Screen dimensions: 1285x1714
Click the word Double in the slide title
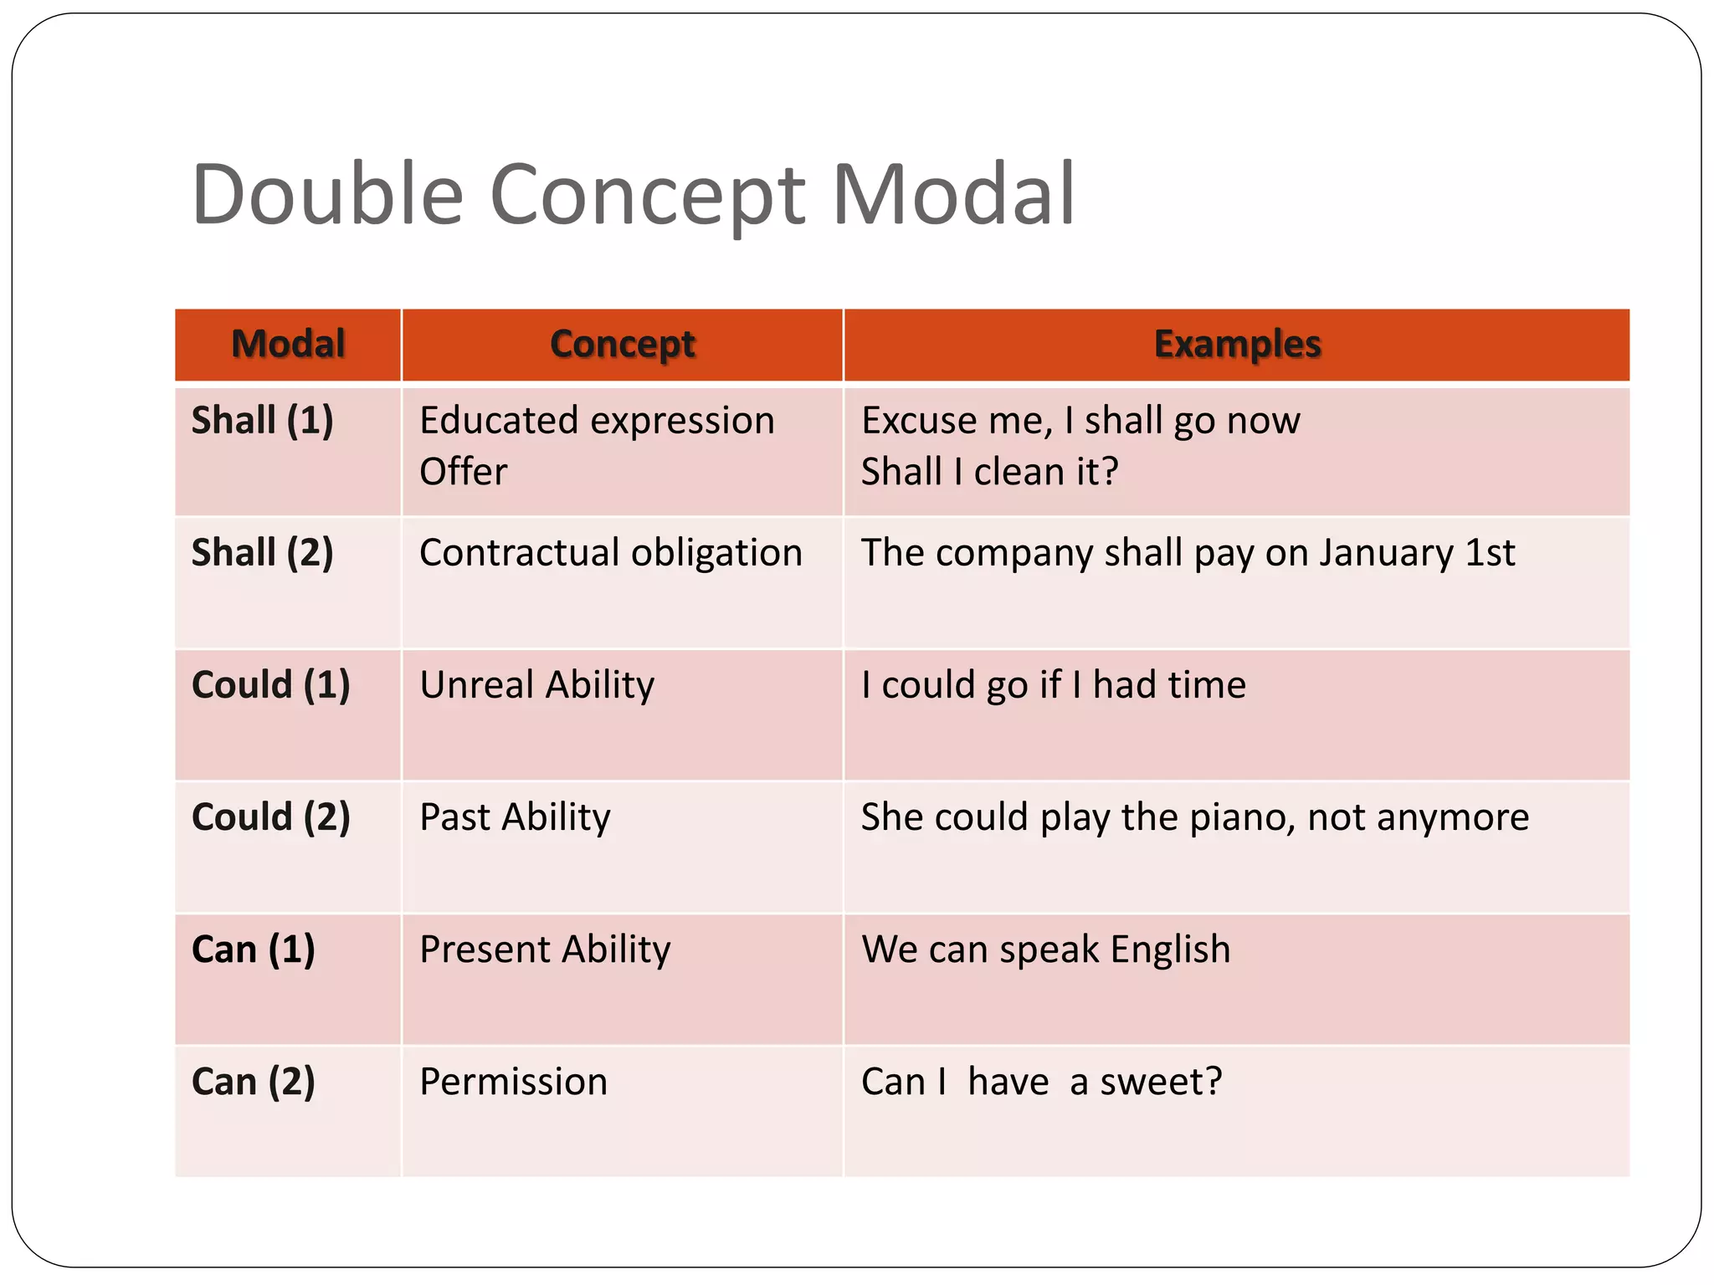(x=327, y=194)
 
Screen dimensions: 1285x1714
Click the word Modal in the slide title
(x=953, y=194)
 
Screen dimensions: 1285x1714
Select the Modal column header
(x=288, y=344)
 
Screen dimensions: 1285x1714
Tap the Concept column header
(x=622, y=344)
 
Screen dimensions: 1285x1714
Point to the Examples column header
(x=1237, y=344)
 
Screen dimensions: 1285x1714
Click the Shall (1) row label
(x=262, y=420)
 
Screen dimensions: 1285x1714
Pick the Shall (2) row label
(x=262, y=552)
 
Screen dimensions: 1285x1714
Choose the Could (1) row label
(x=270, y=684)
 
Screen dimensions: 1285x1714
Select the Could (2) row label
(x=270, y=817)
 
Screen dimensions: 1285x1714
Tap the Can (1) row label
(x=253, y=949)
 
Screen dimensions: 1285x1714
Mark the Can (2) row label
(x=253, y=1081)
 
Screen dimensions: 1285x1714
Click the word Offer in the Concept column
(x=463, y=472)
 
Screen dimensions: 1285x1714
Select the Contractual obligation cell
(x=610, y=552)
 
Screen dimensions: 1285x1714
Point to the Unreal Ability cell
(x=536, y=684)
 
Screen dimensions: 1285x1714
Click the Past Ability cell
(x=515, y=817)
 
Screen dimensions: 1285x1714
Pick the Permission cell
(x=513, y=1081)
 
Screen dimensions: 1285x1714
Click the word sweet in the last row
(x=1151, y=1081)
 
